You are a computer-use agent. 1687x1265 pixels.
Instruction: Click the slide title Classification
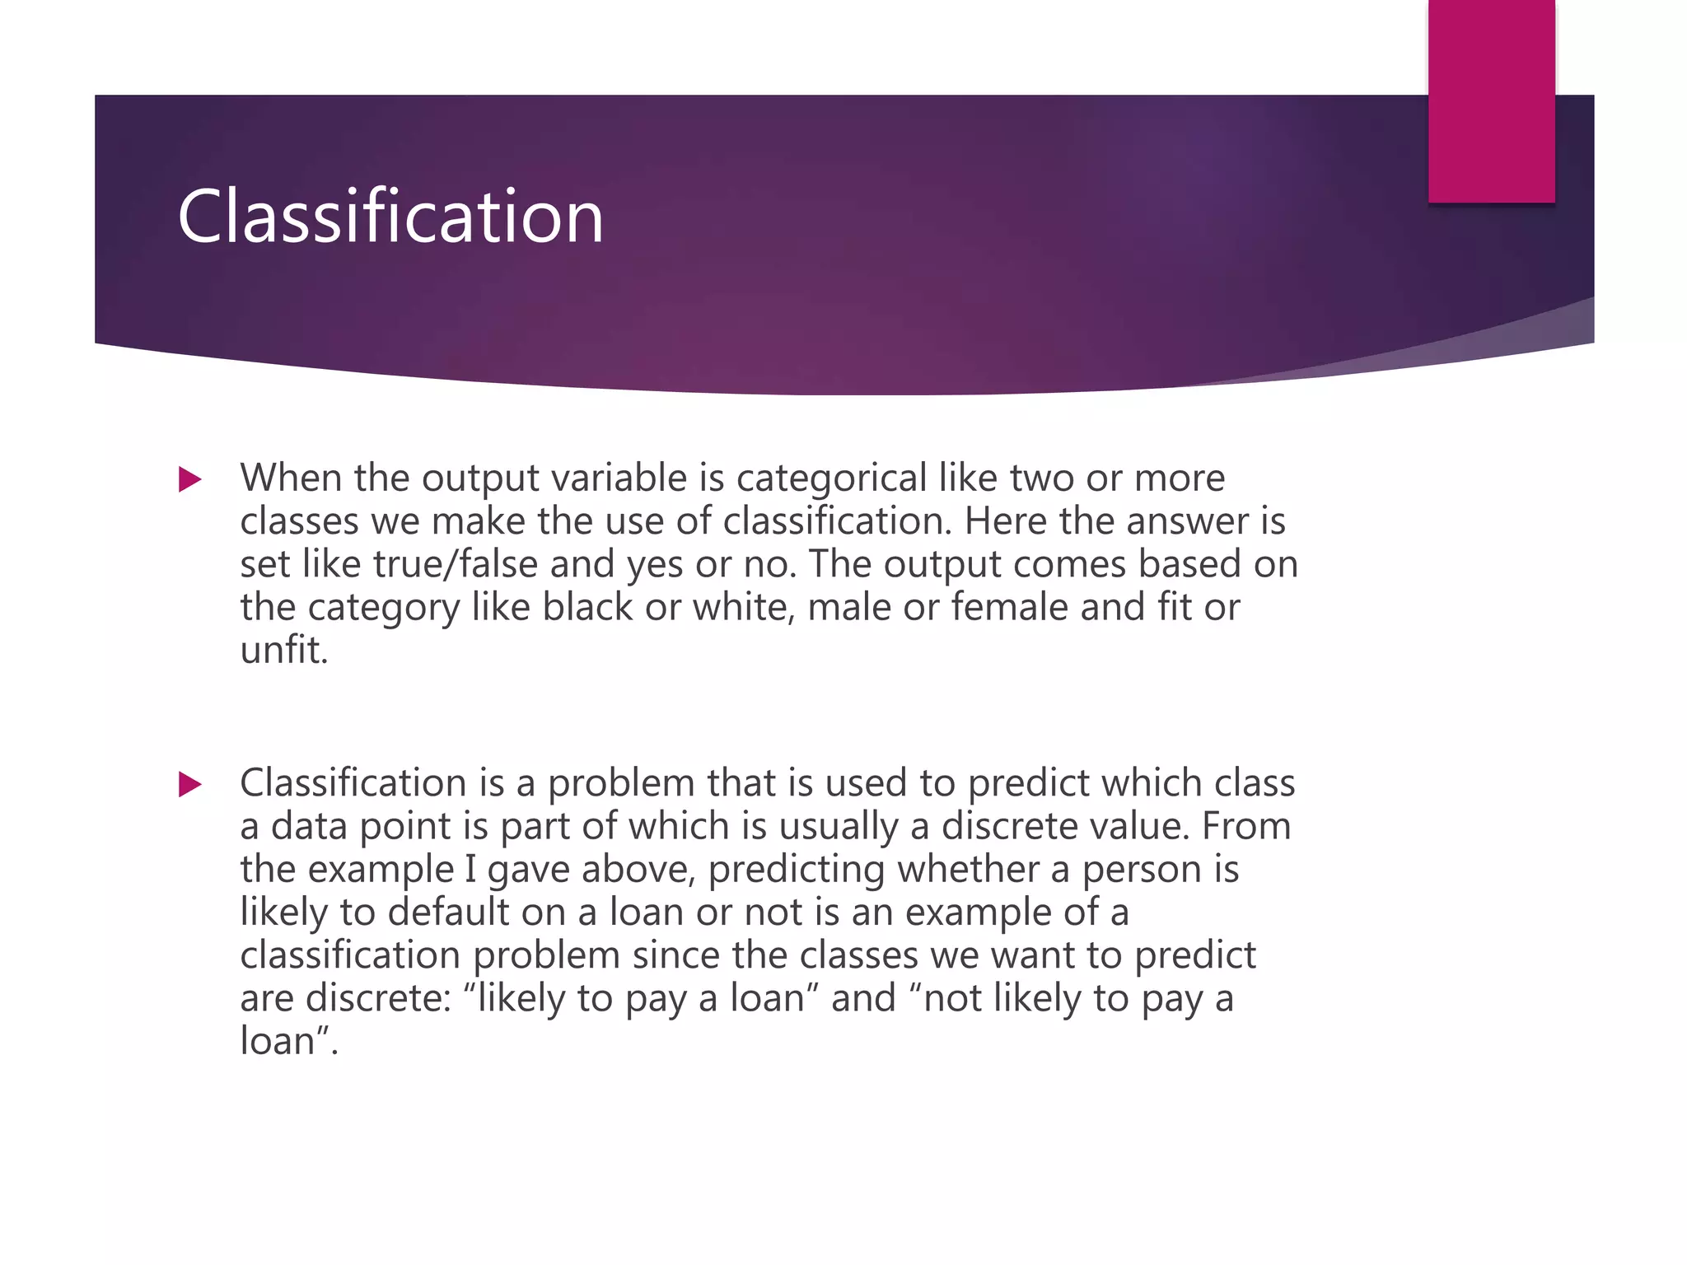point(390,217)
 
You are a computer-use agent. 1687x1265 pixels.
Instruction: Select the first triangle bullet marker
point(190,479)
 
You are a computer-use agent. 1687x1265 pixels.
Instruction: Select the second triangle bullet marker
point(190,784)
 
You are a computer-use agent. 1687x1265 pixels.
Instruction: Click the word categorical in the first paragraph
point(831,478)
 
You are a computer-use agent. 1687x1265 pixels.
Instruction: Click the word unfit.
point(283,651)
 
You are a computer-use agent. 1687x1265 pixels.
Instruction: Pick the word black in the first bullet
point(587,608)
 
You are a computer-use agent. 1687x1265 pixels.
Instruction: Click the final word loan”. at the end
point(288,1042)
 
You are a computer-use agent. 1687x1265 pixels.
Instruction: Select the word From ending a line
point(1245,826)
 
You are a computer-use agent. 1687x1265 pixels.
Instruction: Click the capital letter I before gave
point(470,870)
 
